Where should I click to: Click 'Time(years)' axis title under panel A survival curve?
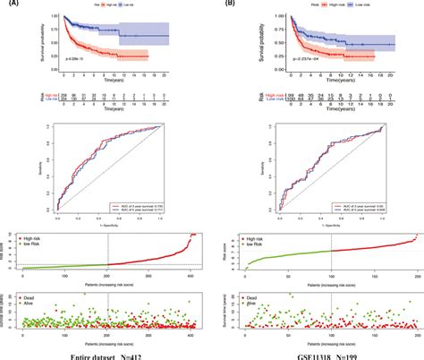click(x=112, y=80)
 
